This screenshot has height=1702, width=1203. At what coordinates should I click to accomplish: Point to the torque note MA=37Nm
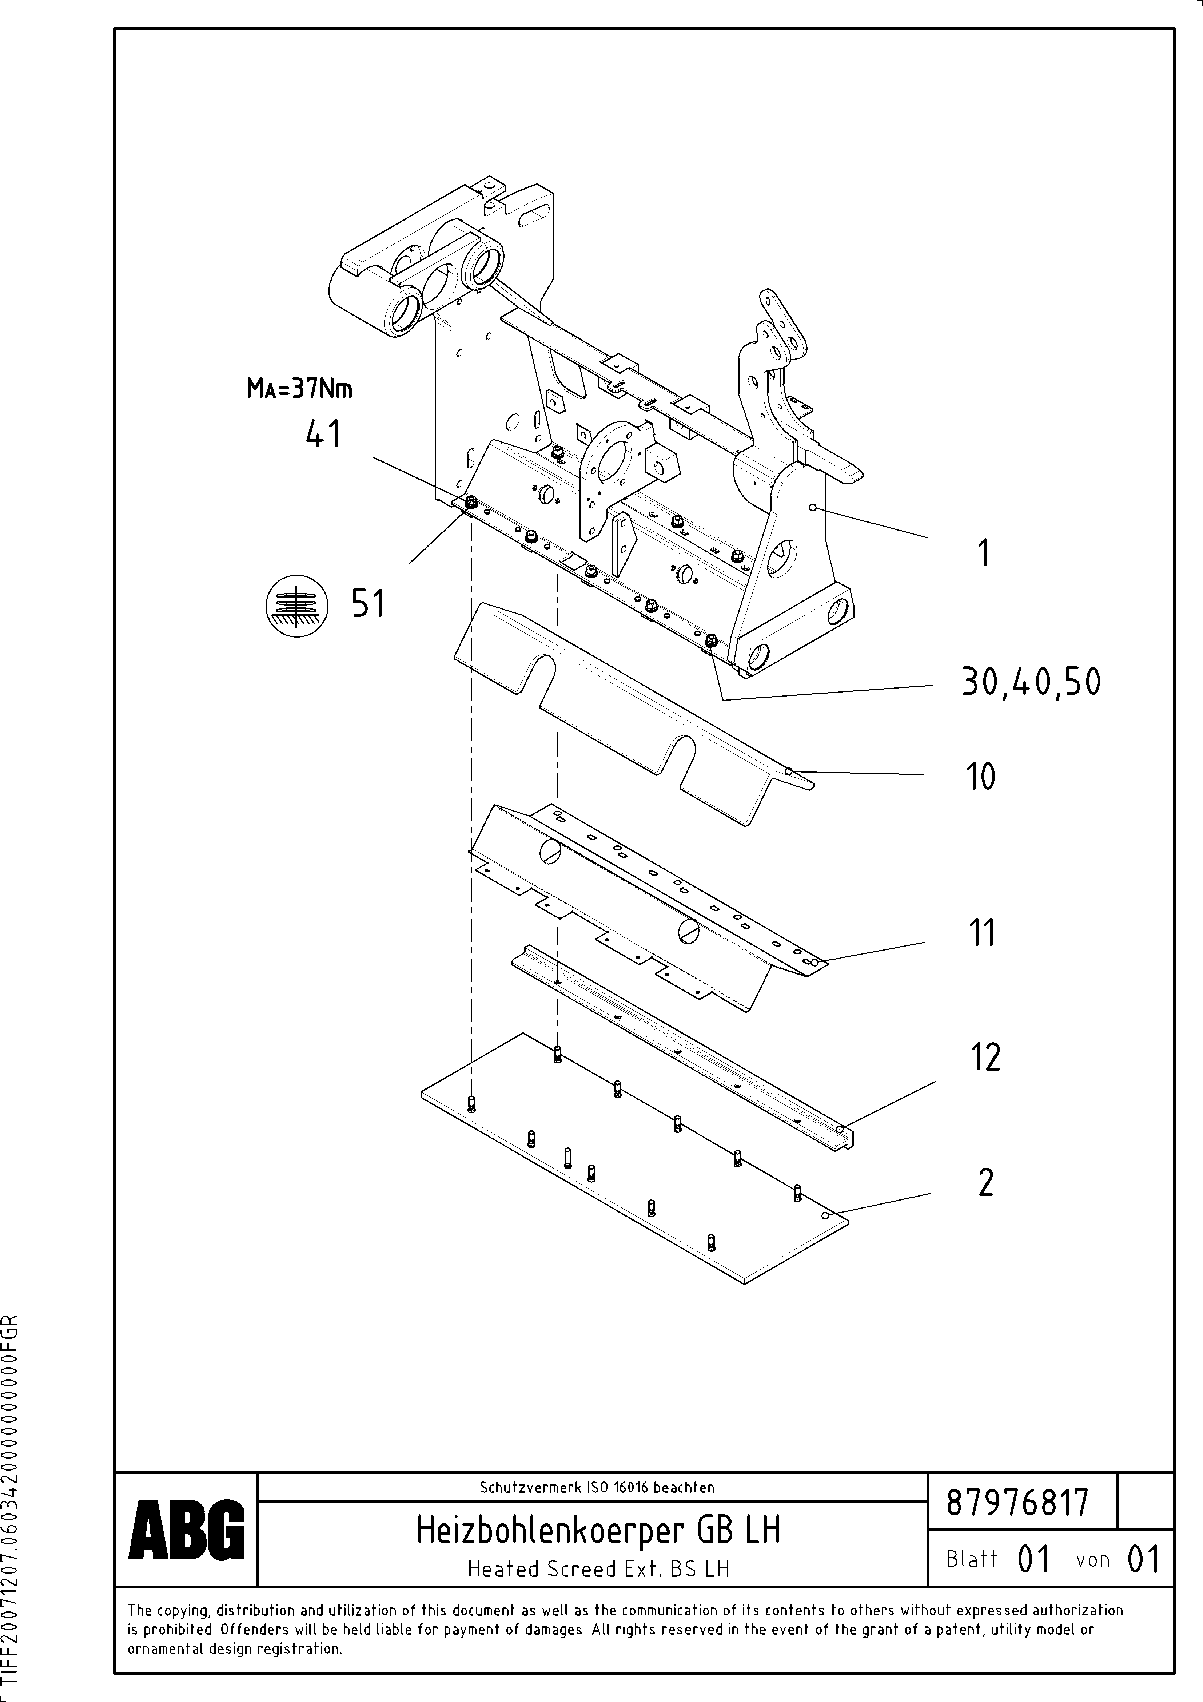coord(299,388)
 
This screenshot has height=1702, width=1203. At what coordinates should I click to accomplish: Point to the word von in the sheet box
coord(1092,1560)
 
